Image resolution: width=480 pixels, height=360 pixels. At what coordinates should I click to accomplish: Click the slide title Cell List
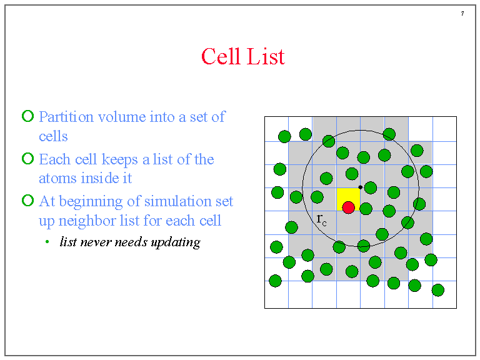coord(242,57)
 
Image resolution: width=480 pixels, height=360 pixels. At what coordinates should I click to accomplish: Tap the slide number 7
coord(462,14)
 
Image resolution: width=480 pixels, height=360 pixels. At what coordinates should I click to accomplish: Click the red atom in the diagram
coord(349,207)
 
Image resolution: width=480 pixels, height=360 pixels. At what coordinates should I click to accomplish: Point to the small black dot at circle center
coord(361,187)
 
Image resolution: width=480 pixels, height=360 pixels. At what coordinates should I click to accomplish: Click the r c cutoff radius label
coord(321,219)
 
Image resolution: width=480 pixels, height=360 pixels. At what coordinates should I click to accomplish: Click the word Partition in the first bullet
coord(66,117)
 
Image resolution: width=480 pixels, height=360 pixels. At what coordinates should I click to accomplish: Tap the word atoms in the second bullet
coord(59,178)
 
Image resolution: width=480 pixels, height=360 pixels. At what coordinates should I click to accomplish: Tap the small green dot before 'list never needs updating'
coord(47,242)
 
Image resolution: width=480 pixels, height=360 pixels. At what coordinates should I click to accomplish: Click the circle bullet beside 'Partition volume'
coord(27,116)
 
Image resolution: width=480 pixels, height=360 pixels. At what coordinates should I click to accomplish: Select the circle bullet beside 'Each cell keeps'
coord(27,159)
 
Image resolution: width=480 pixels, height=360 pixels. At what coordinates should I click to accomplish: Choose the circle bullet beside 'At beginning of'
coord(27,201)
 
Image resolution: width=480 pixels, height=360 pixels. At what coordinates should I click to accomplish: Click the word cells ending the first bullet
coord(53,136)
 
